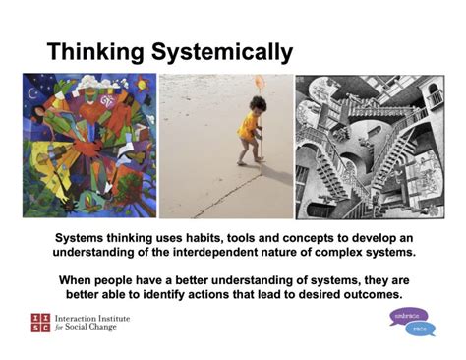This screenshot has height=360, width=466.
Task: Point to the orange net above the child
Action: [260, 83]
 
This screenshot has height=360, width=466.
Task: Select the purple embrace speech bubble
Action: [406, 315]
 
